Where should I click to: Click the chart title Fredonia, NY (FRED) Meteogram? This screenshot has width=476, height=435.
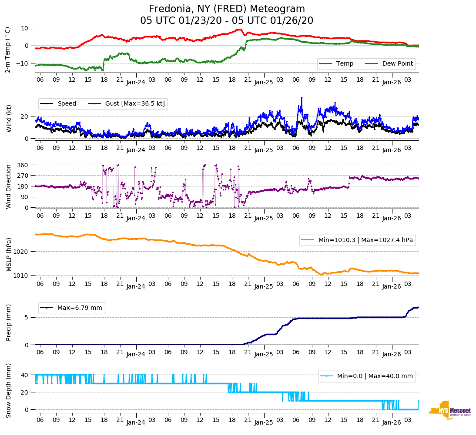(x=227, y=9)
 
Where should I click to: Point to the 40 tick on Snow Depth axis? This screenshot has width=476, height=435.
(x=25, y=375)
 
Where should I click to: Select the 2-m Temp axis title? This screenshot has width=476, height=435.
(x=7, y=50)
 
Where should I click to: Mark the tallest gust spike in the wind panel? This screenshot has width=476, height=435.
(x=301, y=98)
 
